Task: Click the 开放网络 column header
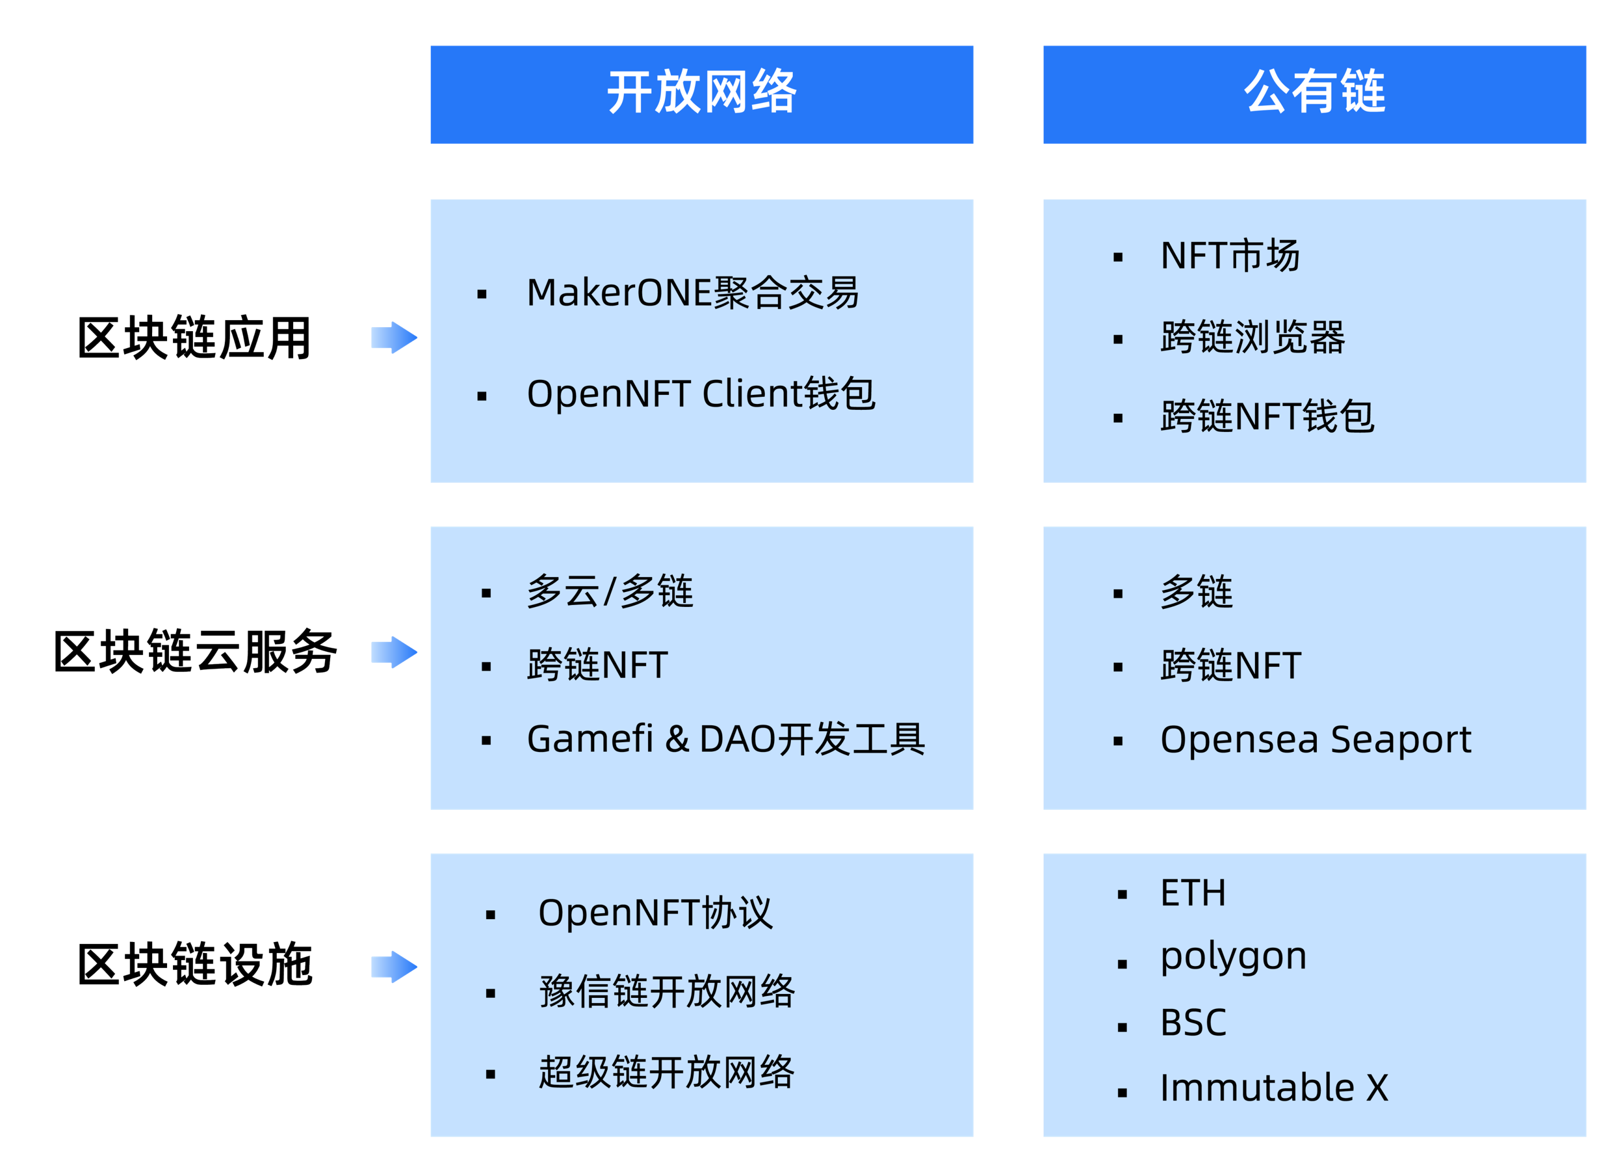click(x=701, y=94)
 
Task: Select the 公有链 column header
click(x=1314, y=94)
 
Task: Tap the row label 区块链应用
click(x=194, y=338)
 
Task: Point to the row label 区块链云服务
click(x=195, y=651)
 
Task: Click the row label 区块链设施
click(x=195, y=965)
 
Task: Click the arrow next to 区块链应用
click(x=394, y=338)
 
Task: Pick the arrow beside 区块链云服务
click(x=394, y=652)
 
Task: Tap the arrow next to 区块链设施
click(x=394, y=967)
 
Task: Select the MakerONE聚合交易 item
click(x=693, y=293)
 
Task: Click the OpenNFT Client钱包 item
click(x=701, y=394)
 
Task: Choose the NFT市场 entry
click(x=1230, y=256)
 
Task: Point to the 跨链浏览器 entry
click(x=1253, y=337)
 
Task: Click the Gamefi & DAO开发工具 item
click(x=726, y=739)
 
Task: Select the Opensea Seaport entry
click(x=1316, y=740)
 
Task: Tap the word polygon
click(x=1234, y=958)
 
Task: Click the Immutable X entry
click(x=1274, y=1088)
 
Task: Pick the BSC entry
click(x=1193, y=1023)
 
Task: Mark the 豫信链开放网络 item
click(x=668, y=992)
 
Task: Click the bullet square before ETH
click(x=1123, y=895)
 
